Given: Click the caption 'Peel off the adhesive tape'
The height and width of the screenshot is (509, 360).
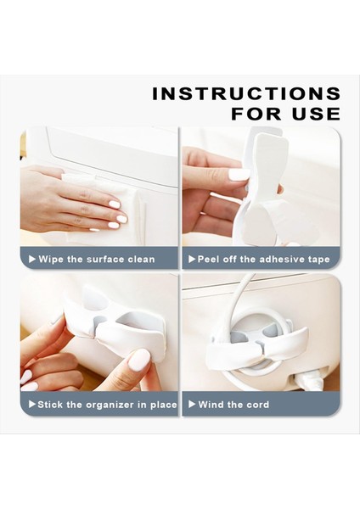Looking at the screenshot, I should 262,259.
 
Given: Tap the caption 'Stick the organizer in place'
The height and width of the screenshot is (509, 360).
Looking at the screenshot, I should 107,405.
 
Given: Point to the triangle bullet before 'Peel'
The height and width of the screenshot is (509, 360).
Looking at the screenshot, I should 192,259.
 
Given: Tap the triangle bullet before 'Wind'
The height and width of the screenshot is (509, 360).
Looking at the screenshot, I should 192,405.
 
